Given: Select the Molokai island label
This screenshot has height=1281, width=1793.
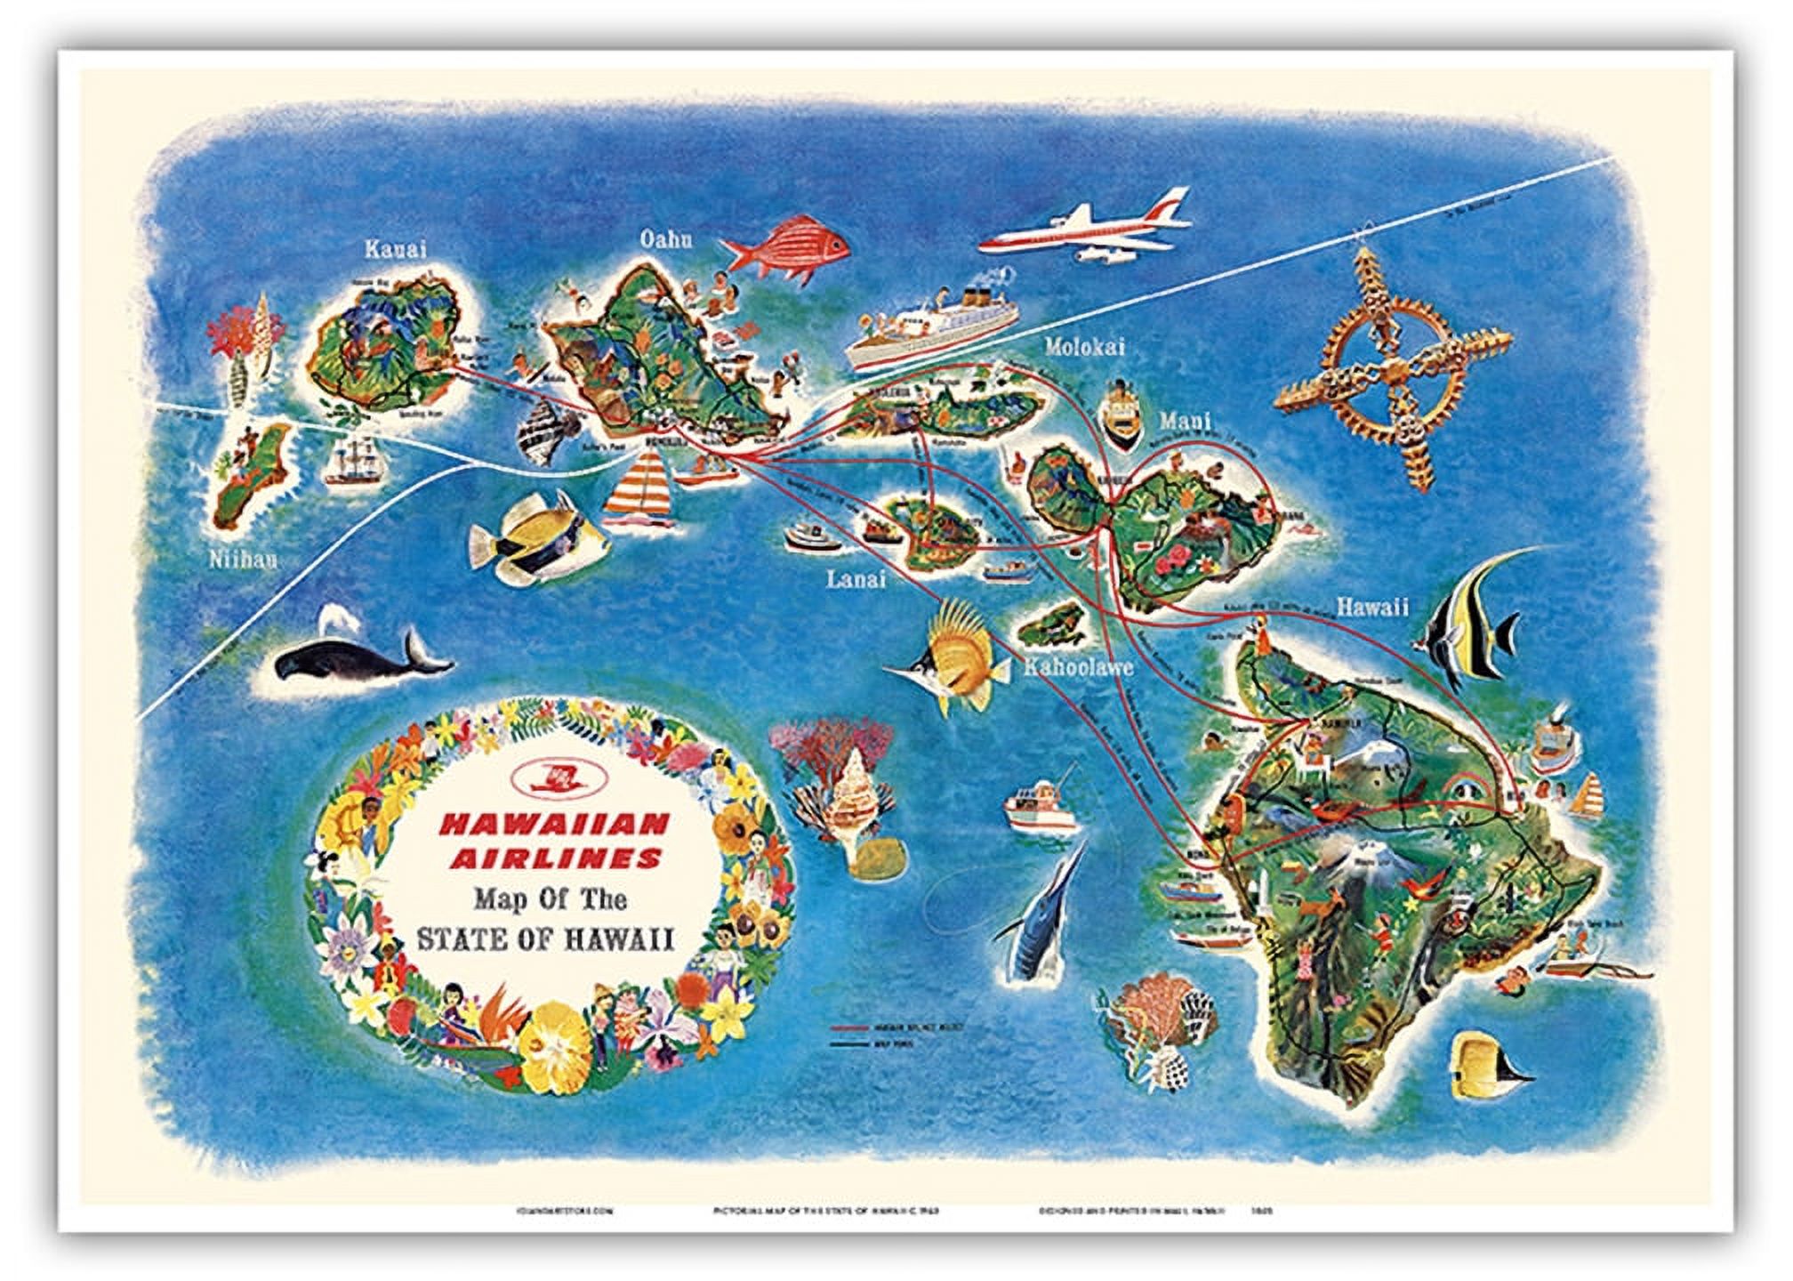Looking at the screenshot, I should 1084,347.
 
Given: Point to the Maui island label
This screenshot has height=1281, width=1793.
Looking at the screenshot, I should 1183,422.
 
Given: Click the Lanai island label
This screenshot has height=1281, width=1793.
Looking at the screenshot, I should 856,579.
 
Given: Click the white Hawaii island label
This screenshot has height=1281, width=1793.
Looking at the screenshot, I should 1372,607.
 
